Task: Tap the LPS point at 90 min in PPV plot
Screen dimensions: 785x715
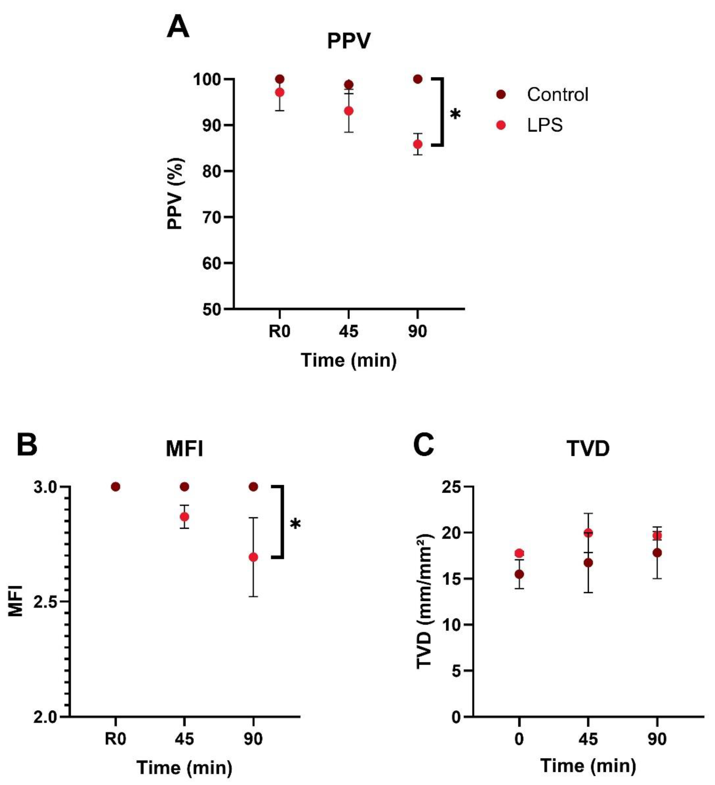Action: pyautogui.click(x=418, y=144)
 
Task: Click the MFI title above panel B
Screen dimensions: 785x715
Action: pyautogui.click(x=184, y=449)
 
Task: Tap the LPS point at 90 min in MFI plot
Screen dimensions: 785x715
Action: pyautogui.click(x=253, y=557)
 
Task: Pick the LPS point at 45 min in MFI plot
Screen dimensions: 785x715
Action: pyautogui.click(x=184, y=517)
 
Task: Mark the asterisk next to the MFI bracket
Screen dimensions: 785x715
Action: pyautogui.click(x=295, y=524)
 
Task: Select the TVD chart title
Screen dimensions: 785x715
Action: pyautogui.click(x=588, y=449)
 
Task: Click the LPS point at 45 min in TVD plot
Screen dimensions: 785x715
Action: pyautogui.click(x=588, y=533)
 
